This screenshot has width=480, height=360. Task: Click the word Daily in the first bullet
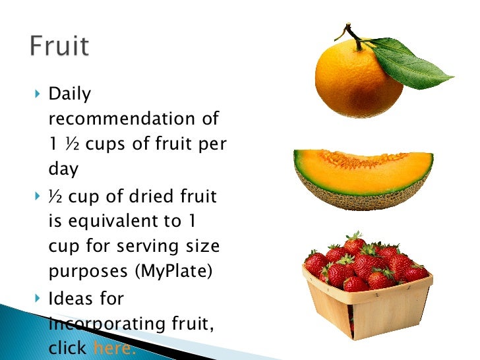click(70, 94)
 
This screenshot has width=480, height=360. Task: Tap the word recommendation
click(123, 119)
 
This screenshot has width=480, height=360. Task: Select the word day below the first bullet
click(63, 169)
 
